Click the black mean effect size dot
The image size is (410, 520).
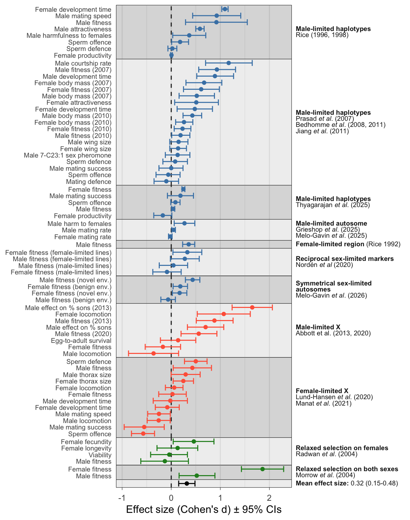point(186,483)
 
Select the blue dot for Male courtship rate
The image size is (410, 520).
point(228,63)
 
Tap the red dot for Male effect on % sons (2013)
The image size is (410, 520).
point(252,307)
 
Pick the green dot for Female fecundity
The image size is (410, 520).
point(194,441)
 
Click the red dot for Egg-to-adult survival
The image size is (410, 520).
point(178,340)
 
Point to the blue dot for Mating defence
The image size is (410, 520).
point(166,181)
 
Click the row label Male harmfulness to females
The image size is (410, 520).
point(69,36)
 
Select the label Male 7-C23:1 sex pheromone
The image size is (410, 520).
point(68,155)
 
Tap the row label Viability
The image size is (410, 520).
point(100,455)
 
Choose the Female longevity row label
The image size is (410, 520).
point(86,448)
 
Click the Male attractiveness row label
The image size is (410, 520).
point(83,29)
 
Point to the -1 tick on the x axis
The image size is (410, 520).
point(122,497)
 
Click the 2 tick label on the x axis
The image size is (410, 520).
point(269,497)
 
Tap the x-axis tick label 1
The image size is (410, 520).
point(220,497)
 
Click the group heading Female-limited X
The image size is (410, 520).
point(322,391)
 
